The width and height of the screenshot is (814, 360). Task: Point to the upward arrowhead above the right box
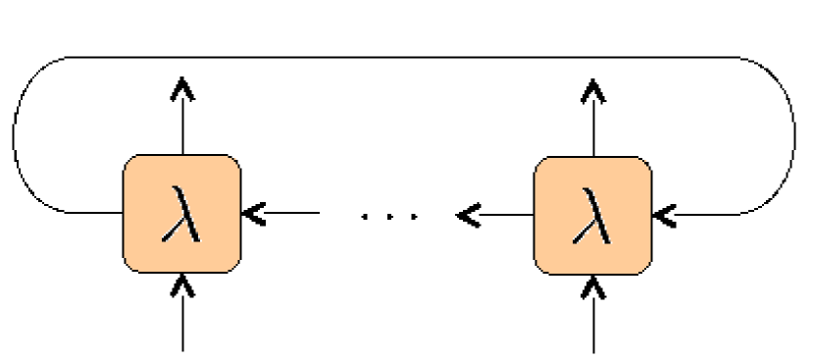592,89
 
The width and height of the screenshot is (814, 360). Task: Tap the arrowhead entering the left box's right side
253,212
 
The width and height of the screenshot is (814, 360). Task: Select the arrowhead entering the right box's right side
664,212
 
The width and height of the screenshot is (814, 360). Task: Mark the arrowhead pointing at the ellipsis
468,212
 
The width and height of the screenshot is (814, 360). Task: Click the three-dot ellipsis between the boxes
389,213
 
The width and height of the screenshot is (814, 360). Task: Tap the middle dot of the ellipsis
389,213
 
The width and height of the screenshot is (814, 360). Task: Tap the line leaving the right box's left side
506,212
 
